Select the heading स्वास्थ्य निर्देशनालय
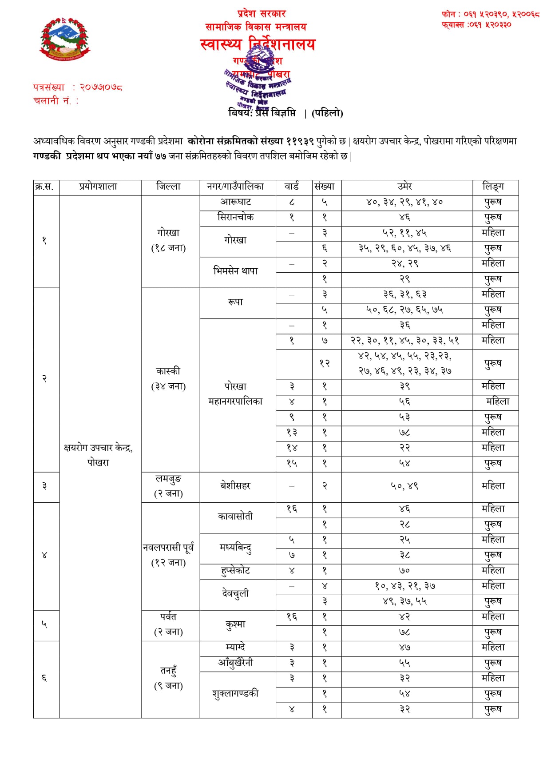click(x=258, y=44)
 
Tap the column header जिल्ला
click(x=169, y=187)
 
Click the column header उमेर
click(x=404, y=187)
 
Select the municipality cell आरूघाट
click(x=236, y=202)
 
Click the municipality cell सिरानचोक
click(x=236, y=217)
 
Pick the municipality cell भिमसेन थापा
click(x=236, y=271)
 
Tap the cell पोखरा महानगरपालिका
click(x=236, y=394)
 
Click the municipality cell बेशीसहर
click(x=236, y=486)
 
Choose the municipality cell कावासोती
click(x=236, y=517)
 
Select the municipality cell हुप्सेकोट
click(x=236, y=571)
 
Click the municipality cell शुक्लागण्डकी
click(x=236, y=694)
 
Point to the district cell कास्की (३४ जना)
click(x=169, y=378)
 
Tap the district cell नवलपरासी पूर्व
click(x=169, y=555)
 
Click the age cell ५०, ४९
click(x=404, y=486)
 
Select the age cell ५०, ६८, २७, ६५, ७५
click(x=404, y=310)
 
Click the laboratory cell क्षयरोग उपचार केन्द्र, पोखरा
click(x=98, y=455)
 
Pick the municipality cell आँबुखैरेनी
click(x=236, y=663)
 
